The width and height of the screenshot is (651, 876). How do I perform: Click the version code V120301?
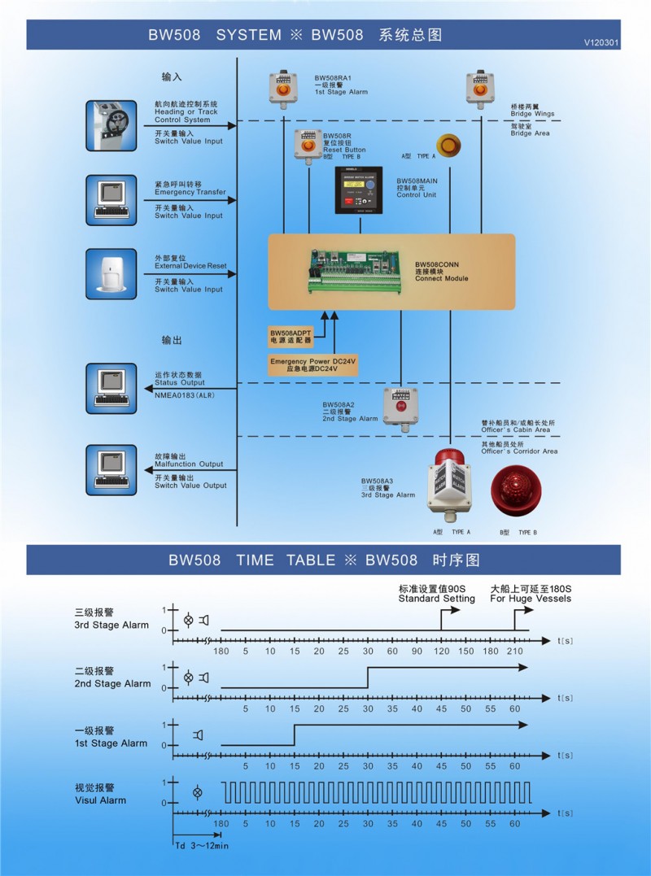pos(601,42)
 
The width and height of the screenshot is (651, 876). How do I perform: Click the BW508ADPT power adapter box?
pos(291,336)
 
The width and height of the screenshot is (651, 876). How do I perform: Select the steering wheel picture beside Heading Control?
pos(112,124)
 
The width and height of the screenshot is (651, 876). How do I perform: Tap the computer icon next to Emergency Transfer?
pos(112,199)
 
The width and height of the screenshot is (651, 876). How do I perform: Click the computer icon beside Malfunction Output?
pos(112,469)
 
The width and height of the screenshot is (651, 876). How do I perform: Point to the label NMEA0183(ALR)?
pos(186,392)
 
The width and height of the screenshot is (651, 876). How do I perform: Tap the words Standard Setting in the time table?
pos(436,599)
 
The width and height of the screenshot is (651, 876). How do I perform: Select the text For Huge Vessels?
pos(531,599)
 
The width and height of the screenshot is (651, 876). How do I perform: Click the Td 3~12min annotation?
pos(201,845)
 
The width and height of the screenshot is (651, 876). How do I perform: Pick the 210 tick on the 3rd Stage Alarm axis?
pos(514,651)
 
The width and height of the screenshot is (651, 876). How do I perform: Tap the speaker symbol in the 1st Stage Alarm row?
pos(198,735)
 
